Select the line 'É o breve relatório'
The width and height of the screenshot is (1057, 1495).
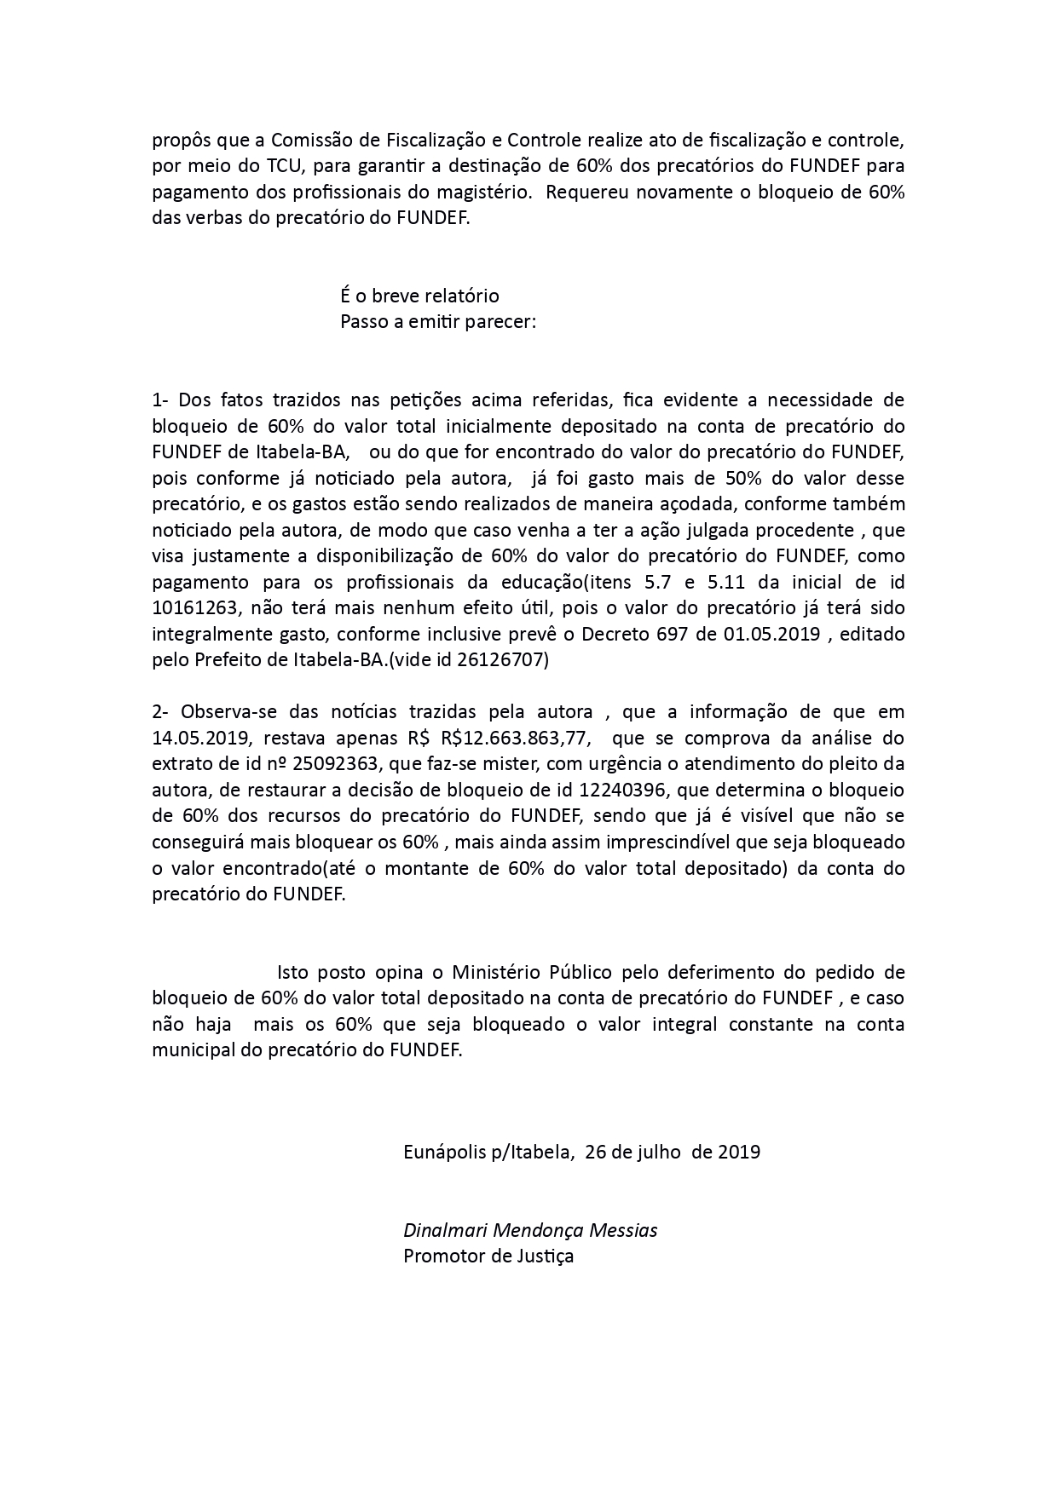point(419,296)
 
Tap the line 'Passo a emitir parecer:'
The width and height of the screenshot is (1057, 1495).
point(438,323)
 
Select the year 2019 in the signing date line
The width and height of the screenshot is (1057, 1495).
point(739,1153)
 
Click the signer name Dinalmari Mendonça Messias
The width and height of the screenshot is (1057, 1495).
point(530,1231)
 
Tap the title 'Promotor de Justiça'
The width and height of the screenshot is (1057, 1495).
point(488,1256)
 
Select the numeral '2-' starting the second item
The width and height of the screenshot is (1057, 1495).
point(162,712)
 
